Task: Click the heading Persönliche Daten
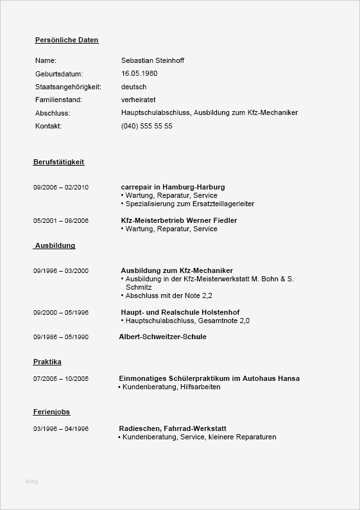(67, 40)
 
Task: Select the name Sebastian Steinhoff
(153, 60)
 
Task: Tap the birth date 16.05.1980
(139, 73)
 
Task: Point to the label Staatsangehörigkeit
(69, 87)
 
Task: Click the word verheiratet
(139, 100)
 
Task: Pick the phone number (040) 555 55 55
(147, 126)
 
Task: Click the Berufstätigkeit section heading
(59, 162)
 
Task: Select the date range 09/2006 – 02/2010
(61, 187)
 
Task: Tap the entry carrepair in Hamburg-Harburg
(173, 187)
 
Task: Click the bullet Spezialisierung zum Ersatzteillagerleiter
(189, 204)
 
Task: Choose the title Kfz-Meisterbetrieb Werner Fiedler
(179, 220)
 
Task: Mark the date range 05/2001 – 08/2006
(61, 220)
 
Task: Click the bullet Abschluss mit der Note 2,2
(168, 295)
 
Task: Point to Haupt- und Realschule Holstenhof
(175, 312)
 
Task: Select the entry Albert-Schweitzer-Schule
(163, 337)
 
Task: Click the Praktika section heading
(47, 362)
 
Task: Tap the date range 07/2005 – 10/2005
(61, 379)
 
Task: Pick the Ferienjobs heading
(52, 412)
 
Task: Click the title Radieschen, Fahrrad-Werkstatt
(173, 428)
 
